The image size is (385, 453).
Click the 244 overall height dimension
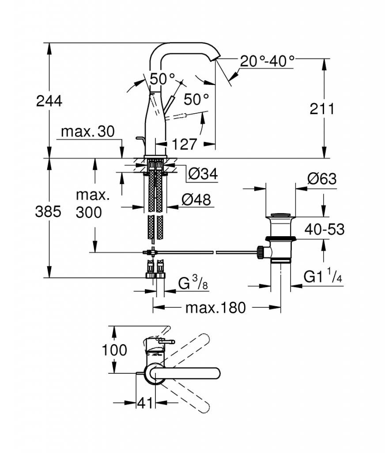click(49, 101)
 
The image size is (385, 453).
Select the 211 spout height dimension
click(322, 109)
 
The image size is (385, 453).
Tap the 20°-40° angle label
click(267, 61)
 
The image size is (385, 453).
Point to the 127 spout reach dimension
click(184, 144)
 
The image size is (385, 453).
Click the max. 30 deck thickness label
click(88, 131)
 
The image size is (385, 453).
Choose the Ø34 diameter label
click(203, 173)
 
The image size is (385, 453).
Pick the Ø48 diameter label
click(196, 200)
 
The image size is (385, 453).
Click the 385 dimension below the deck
click(48, 212)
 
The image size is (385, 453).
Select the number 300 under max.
click(89, 212)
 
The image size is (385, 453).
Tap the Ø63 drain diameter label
click(322, 179)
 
